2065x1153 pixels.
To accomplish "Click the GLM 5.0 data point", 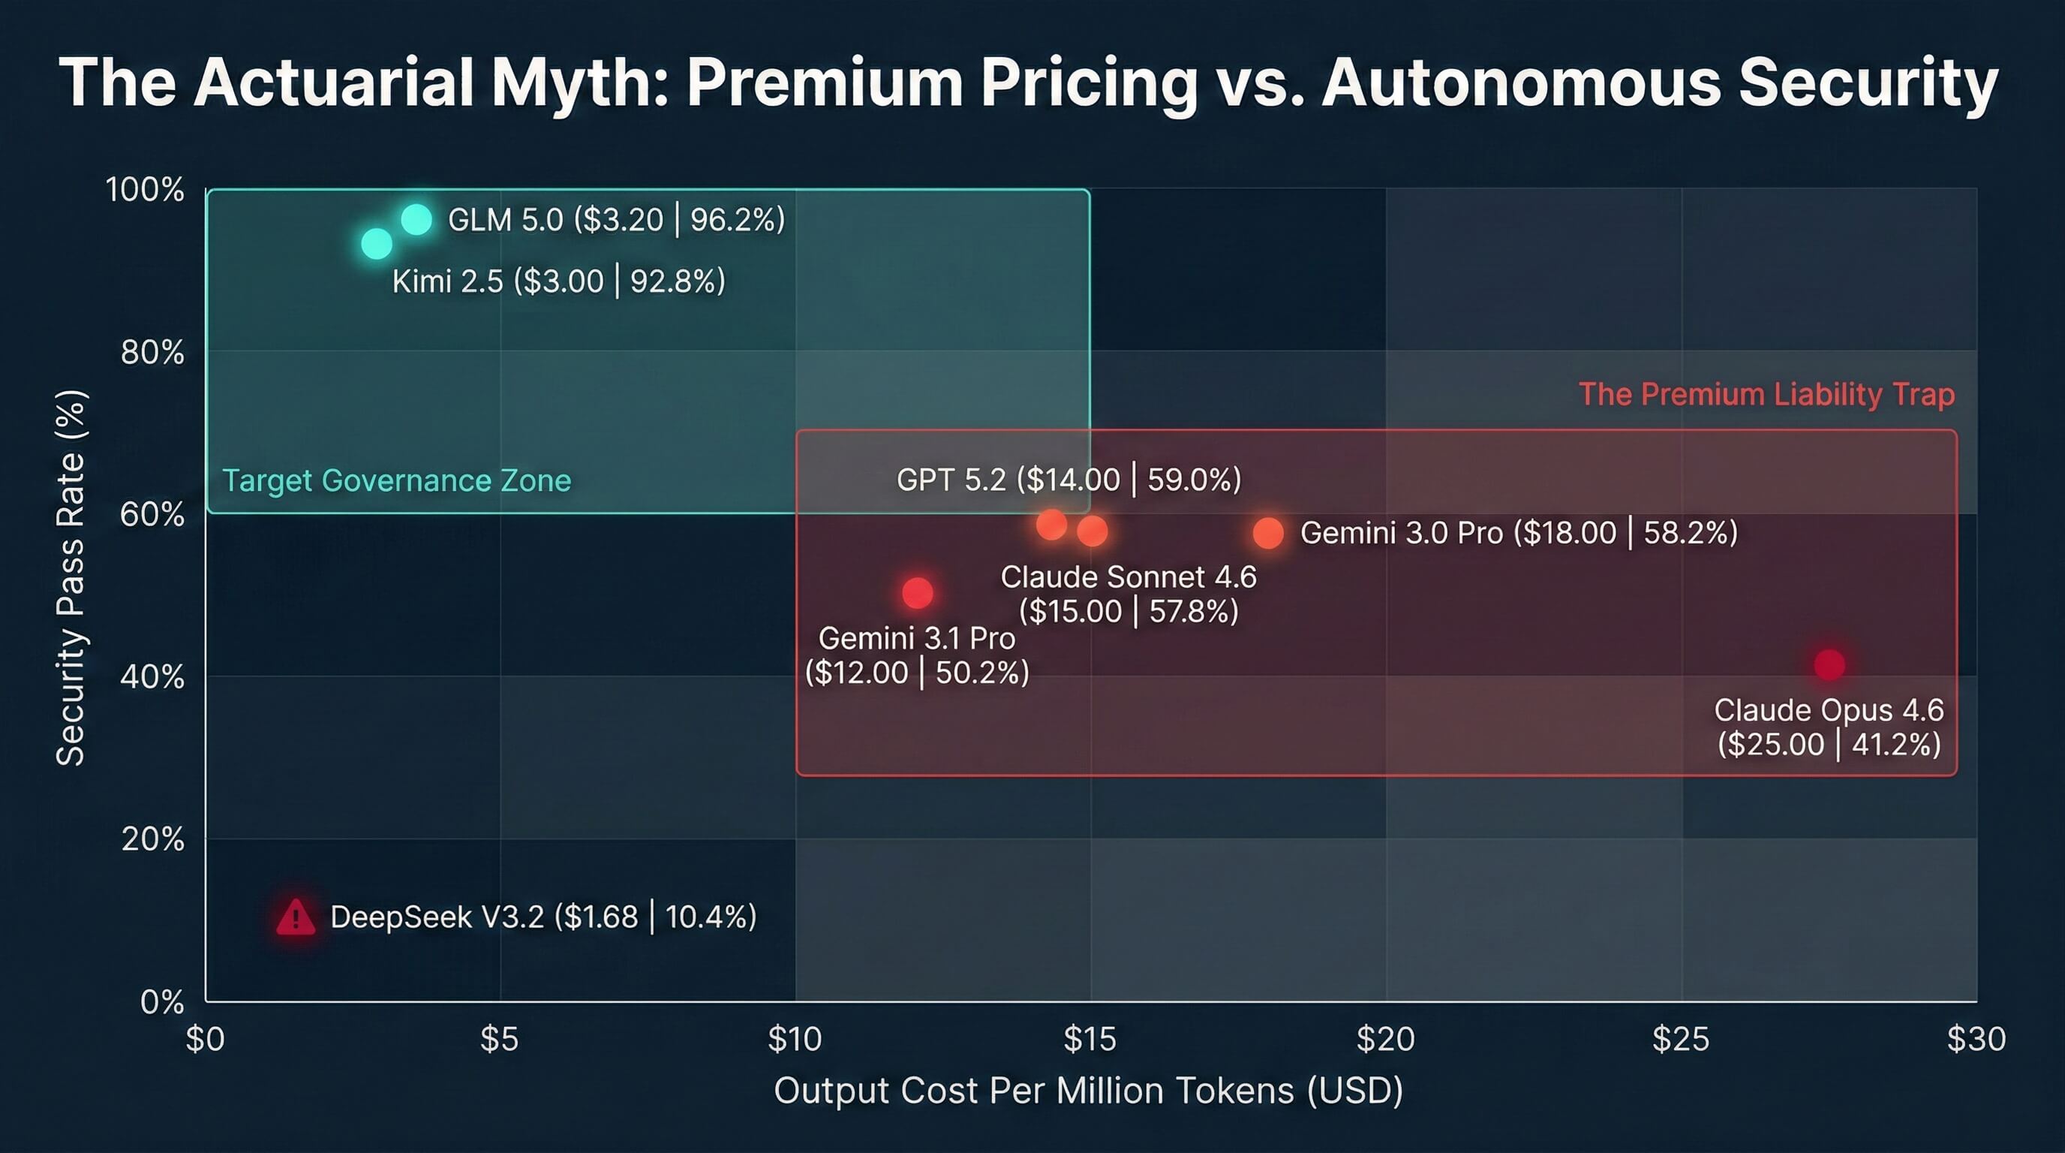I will coord(416,219).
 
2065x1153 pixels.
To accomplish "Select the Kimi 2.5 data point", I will coord(376,243).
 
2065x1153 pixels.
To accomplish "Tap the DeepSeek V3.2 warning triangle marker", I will coord(296,917).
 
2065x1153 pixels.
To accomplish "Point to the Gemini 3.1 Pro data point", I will coord(917,593).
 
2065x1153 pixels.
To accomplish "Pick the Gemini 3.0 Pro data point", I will coord(1267,533).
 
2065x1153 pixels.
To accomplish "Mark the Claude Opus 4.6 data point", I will coord(1829,664).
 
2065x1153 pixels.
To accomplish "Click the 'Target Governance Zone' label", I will coord(396,480).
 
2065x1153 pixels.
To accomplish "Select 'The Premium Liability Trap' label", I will coord(1766,395).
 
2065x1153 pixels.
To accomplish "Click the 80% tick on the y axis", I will coord(152,352).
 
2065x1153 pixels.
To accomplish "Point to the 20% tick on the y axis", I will coord(152,839).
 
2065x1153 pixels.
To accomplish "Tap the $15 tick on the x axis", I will coord(1090,1039).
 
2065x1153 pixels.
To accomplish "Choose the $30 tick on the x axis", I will coord(1975,1039).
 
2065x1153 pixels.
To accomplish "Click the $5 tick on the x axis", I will coord(500,1039).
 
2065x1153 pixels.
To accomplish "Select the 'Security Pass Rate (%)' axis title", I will coord(71,577).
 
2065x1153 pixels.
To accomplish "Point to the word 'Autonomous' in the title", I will coord(1521,83).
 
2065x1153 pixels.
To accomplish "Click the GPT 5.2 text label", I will coord(1068,480).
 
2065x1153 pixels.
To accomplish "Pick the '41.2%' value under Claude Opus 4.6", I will coord(1896,745).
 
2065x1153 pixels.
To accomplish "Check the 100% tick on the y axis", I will coord(145,190).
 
